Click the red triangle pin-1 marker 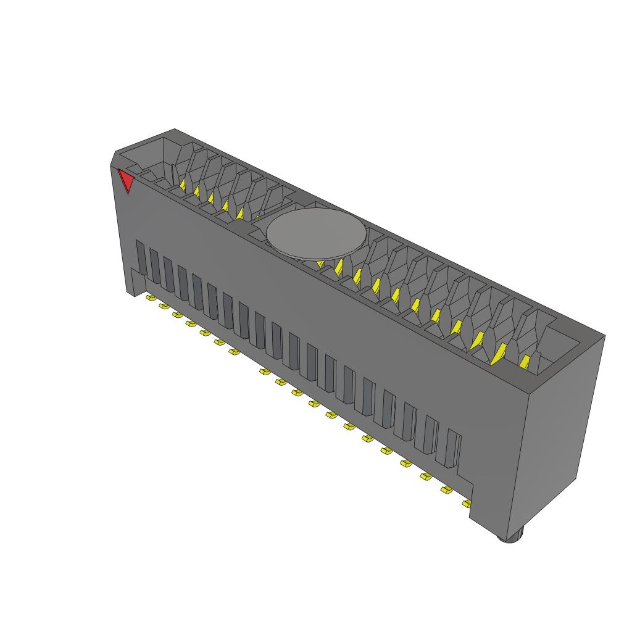pyautogui.click(x=127, y=181)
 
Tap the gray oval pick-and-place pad pyautogui.click(x=316, y=233)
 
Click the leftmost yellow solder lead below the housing pyautogui.click(x=149, y=298)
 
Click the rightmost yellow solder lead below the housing pyautogui.click(x=465, y=504)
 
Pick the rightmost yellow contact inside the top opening pyautogui.click(x=525, y=362)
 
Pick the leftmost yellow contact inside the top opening pyautogui.click(x=183, y=183)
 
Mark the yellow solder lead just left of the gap pyautogui.click(x=235, y=352)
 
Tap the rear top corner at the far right pyautogui.click(x=604, y=336)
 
